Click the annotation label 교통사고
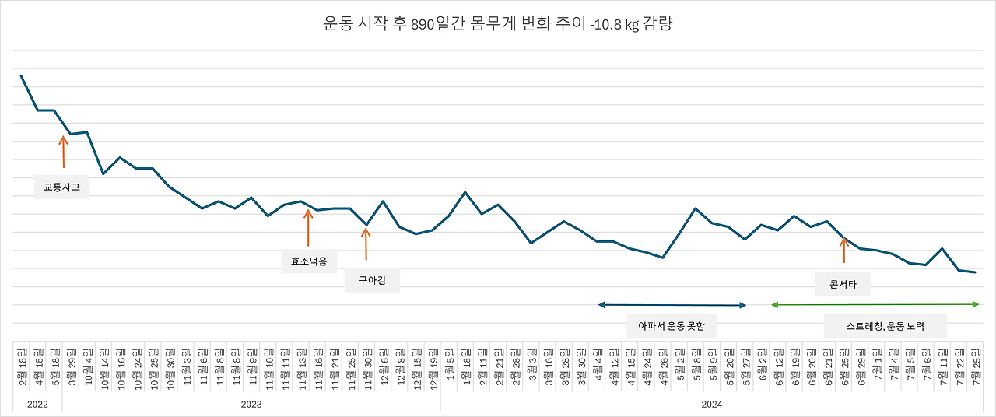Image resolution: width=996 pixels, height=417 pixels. (61, 187)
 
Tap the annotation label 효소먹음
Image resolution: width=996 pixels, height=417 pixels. (308, 261)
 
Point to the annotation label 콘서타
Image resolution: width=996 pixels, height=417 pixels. (843, 284)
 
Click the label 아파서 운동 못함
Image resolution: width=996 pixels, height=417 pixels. (671, 326)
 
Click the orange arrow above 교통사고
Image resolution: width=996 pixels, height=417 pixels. (63, 152)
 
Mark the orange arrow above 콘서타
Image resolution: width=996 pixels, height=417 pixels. (843, 251)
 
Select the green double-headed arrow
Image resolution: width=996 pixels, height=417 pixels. (875, 305)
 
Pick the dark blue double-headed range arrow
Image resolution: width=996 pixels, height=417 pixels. (672, 305)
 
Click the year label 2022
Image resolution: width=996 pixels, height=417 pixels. (37, 405)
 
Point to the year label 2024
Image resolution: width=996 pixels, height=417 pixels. (712, 405)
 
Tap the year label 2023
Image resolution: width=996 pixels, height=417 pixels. (251, 405)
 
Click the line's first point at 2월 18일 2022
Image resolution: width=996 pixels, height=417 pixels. (21, 75)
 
